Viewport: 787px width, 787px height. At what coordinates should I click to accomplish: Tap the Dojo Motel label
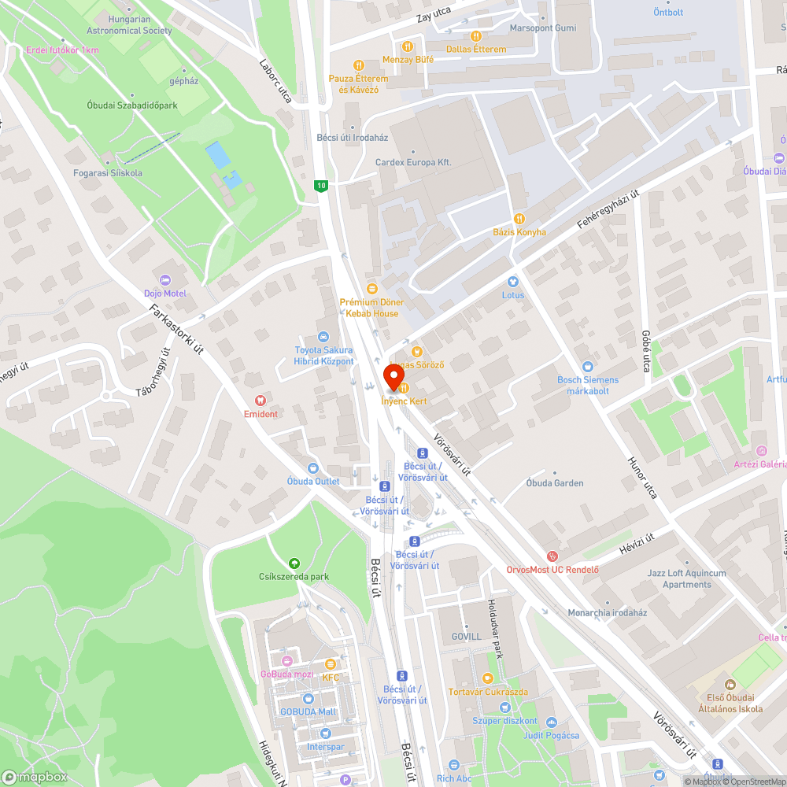point(164,293)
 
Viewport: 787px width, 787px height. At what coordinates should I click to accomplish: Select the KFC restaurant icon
point(331,665)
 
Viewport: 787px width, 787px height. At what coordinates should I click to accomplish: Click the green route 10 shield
point(320,185)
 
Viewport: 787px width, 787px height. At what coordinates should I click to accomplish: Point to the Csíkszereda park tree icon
point(294,563)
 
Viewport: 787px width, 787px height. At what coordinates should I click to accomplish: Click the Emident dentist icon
point(260,401)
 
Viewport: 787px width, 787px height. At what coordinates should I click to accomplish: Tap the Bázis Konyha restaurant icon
point(519,219)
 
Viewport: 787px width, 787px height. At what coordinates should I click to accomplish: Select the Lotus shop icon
point(513,281)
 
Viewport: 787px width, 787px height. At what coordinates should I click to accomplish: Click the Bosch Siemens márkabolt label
point(588,385)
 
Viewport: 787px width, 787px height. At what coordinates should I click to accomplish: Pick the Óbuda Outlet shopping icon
point(313,468)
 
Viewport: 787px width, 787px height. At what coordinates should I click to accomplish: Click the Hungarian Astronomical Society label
point(130,24)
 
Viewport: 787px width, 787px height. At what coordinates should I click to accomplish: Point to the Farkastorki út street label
point(177,328)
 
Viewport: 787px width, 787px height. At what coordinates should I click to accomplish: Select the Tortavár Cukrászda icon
point(487,678)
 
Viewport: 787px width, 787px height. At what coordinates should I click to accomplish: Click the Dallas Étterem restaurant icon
point(475,35)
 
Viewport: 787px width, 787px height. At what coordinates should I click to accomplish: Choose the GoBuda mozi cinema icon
point(286,661)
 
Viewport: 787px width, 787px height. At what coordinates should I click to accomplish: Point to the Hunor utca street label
point(641,478)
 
